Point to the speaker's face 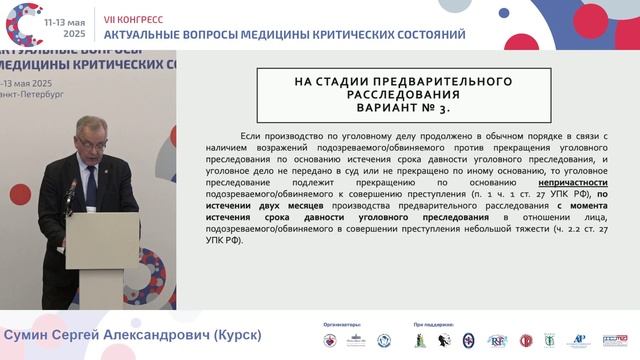click(x=92, y=135)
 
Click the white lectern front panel click(x=102, y=240)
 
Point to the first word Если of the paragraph click(x=251, y=136)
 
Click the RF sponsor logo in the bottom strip click(x=497, y=341)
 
